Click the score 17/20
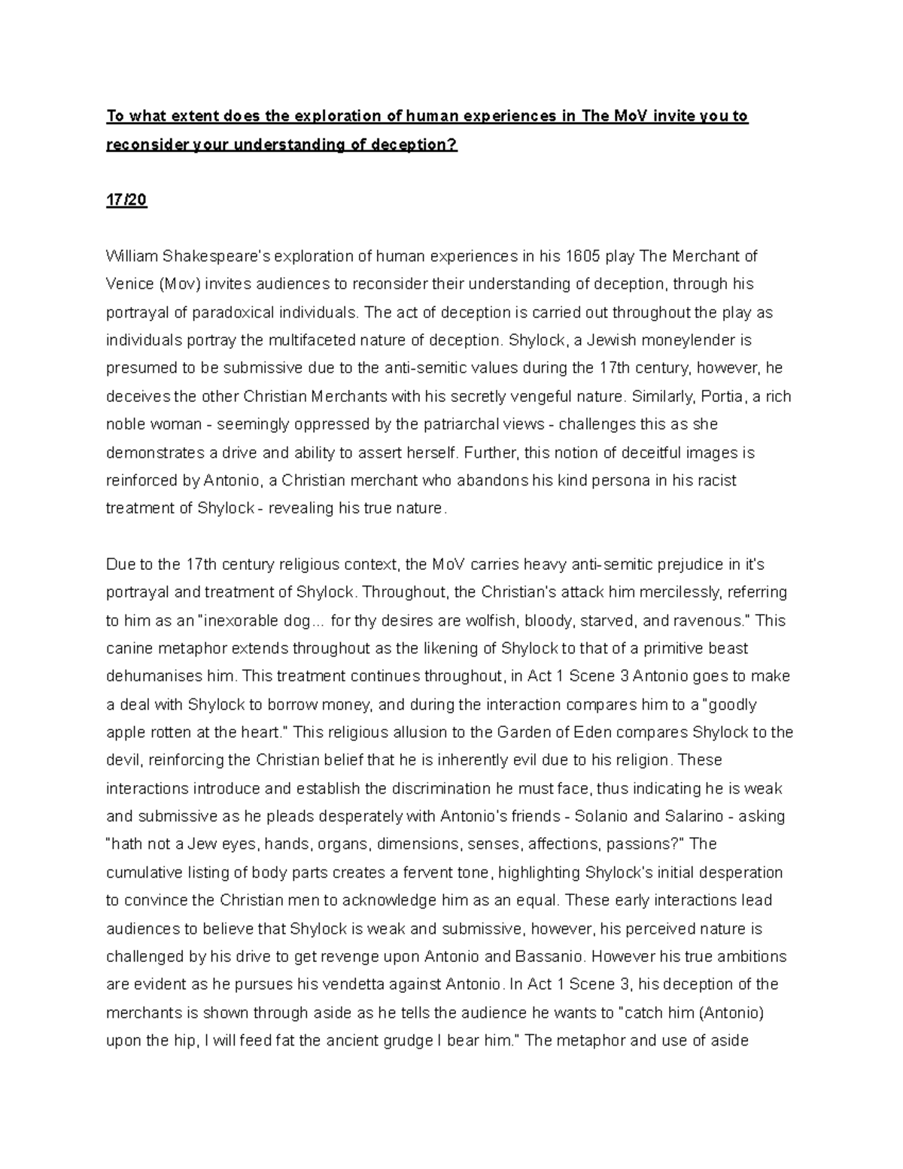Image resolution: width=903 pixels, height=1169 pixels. [126, 200]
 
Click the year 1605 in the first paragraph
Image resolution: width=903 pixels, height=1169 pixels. [583, 257]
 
